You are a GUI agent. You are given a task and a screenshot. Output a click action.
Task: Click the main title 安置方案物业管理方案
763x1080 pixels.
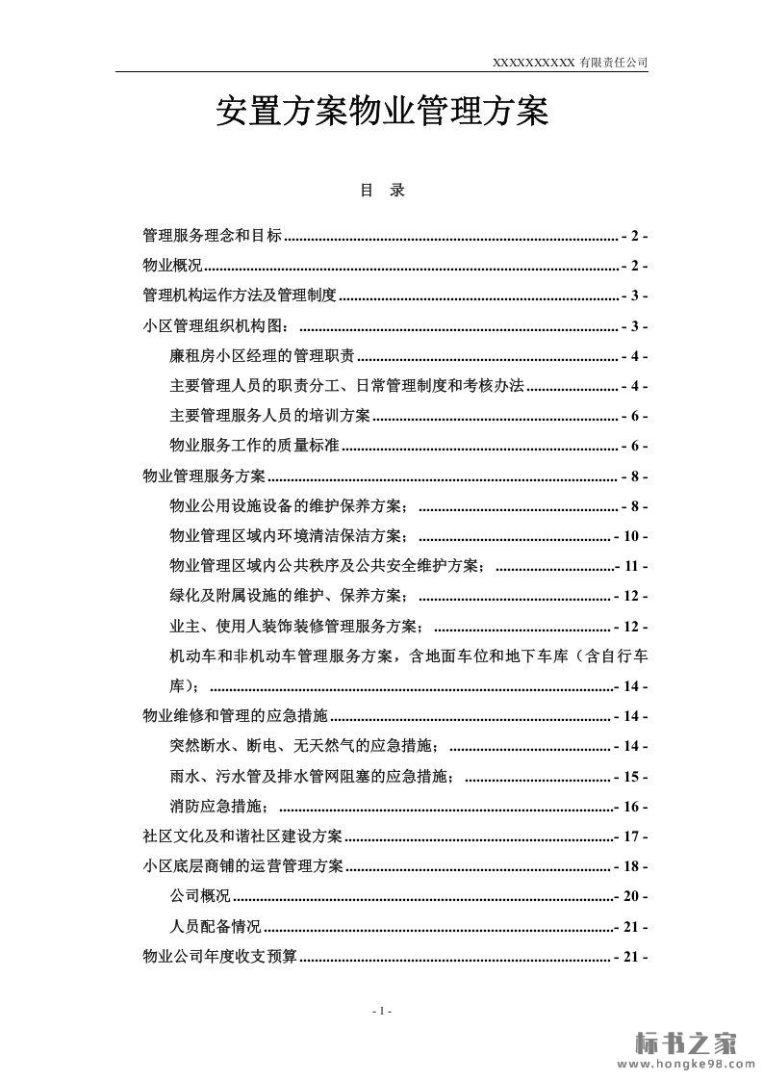click(x=381, y=115)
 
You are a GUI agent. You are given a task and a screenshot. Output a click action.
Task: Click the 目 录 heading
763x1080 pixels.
click(x=382, y=191)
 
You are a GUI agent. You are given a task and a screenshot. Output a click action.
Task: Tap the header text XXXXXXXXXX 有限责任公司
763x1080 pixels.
click(x=570, y=62)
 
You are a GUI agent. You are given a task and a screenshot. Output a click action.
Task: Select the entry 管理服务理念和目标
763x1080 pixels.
click(x=213, y=236)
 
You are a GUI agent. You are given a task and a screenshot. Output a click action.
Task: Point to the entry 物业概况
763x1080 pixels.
click(x=172, y=266)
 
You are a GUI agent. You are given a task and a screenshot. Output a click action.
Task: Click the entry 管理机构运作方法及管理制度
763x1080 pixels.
click(x=239, y=296)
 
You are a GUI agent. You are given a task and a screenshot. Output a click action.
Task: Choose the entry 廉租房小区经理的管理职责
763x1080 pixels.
click(x=262, y=356)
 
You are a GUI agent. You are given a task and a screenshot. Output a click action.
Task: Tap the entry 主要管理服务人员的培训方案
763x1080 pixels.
click(x=269, y=416)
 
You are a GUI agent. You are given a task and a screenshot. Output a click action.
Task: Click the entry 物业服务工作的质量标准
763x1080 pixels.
click(x=255, y=446)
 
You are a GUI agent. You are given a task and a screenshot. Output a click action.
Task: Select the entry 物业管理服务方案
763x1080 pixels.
click(x=204, y=476)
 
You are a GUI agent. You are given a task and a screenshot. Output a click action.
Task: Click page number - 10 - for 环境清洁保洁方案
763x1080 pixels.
click(x=631, y=536)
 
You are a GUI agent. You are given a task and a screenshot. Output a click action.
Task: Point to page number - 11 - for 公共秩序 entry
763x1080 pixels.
click(x=631, y=566)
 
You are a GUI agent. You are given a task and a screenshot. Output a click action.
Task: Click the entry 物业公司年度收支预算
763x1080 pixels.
click(x=219, y=957)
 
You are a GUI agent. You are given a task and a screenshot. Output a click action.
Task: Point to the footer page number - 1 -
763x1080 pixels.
click(x=381, y=1011)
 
